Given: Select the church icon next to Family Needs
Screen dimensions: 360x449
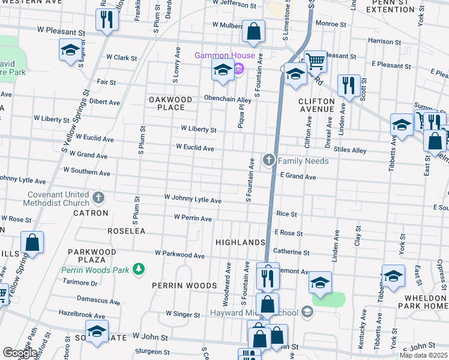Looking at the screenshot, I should tap(268, 160).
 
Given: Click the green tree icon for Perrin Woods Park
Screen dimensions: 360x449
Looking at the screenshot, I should tap(139, 269).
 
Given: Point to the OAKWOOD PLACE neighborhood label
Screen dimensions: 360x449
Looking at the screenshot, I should tap(170, 103).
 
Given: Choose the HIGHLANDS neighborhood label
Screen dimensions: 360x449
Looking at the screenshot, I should tap(240, 242).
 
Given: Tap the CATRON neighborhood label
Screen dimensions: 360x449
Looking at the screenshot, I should tap(91, 213).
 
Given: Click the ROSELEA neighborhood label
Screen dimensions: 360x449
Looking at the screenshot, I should tap(127, 230).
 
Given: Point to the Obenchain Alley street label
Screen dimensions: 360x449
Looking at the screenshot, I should tap(227, 99).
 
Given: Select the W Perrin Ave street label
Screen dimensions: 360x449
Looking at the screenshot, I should tap(193, 219).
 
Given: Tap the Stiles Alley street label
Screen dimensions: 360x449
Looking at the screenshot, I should tap(350, 150).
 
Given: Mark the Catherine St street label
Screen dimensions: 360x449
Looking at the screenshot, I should tap(291, 253).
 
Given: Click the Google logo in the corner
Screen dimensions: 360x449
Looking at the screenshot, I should tap(19, 353).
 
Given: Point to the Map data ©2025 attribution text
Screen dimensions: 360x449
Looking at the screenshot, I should tap(423, 355).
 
